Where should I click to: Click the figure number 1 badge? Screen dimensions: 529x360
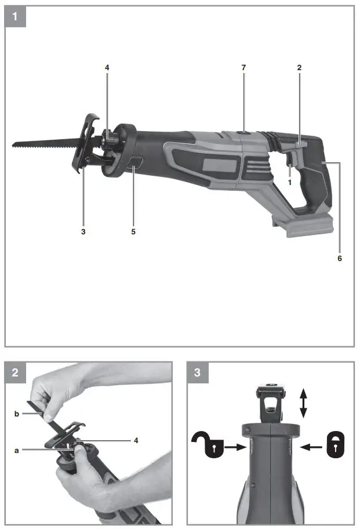tap(16, 16)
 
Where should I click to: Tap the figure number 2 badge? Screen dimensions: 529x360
tap(16, 372)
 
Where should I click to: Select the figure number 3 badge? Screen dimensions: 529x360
tap(198, 372)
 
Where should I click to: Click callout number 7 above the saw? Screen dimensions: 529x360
tap(243, 68)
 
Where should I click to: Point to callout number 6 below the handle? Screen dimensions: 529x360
tap(340, 258)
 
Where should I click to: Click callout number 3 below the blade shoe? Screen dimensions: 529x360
tap(83, 231)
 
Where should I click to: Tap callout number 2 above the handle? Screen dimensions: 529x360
tap(299, 68)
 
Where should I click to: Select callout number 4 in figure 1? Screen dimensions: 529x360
tap(107, 68)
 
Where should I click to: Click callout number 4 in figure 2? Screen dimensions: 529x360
tap(136, 440)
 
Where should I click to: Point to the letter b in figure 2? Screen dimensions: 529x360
tap(17, 414)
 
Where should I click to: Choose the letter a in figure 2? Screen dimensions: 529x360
tap(17, 449)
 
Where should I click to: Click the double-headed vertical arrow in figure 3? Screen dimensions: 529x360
tap(303, 403)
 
